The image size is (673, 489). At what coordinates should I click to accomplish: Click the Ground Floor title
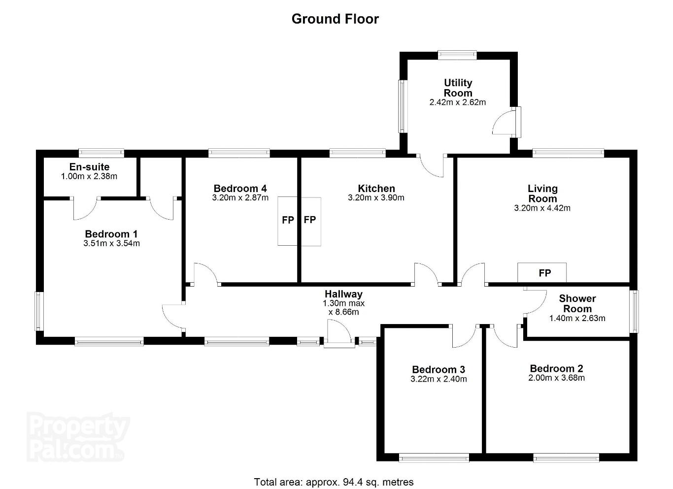335,19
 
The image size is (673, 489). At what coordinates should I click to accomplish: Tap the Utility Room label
458,88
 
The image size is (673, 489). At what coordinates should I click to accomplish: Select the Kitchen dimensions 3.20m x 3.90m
376,197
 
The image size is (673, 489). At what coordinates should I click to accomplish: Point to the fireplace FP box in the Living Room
542,272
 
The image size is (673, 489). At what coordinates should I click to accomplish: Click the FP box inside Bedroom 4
288,221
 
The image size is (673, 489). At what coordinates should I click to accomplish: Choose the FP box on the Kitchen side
311,221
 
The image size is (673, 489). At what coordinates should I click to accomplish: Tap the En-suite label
89,167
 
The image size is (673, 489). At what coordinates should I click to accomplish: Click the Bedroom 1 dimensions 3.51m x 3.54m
111,243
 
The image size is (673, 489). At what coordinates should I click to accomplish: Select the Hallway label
343,294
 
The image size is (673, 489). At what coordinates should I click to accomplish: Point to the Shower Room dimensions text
577,319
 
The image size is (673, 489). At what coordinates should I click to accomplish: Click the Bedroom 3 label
438,369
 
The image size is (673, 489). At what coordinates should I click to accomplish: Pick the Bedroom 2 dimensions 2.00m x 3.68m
556,378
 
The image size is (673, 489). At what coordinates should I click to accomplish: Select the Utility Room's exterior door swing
504,123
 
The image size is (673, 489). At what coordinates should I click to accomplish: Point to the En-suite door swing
85,209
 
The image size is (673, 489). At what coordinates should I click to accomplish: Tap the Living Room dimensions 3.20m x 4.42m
542,208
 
